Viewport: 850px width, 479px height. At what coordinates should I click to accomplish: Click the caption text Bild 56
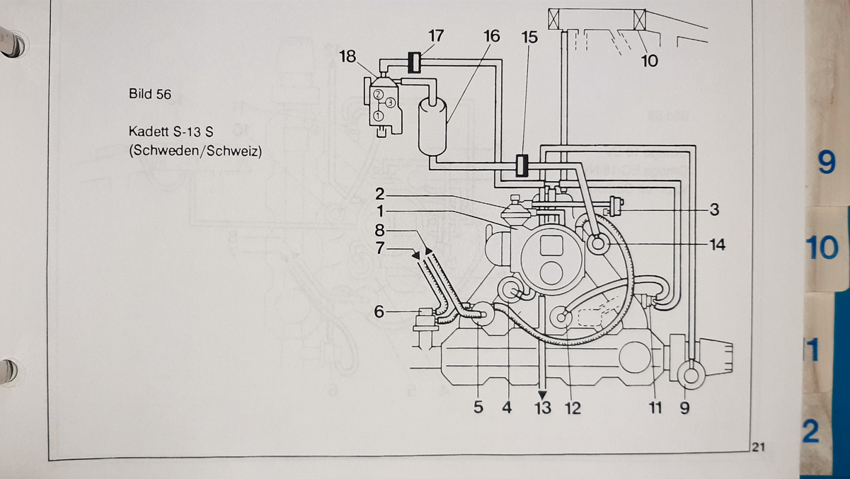150,94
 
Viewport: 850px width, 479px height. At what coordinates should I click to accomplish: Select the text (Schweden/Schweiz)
195,151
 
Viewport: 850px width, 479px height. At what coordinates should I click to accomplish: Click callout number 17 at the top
436,35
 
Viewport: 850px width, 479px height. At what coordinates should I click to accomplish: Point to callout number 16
491,36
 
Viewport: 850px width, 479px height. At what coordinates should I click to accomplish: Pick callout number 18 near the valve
348,56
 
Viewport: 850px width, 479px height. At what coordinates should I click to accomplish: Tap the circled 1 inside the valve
379,115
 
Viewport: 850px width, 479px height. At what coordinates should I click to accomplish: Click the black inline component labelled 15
522,166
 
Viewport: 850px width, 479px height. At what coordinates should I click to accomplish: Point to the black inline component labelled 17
415,62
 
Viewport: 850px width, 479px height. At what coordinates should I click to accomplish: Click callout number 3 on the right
713,209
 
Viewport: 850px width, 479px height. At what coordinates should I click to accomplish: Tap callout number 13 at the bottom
542,408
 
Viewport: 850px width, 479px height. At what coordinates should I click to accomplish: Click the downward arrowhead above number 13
542,395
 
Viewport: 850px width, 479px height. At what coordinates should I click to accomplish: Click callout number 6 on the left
379,311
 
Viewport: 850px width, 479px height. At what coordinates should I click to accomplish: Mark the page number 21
759,446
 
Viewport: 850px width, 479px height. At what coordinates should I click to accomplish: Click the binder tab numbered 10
822,248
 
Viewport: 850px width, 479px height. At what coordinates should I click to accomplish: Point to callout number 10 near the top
649,61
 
